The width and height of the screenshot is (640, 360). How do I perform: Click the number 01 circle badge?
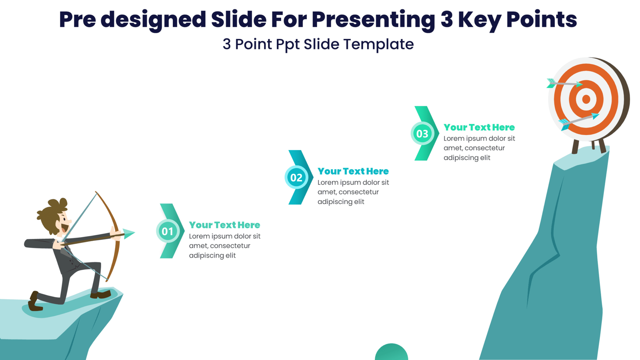click(x=168, y=231)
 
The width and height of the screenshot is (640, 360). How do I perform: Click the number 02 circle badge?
click(x=296, y=177)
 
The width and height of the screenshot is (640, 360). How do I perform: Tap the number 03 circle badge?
click(x=422, y=134)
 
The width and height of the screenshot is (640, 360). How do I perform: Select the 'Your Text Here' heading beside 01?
click(x=224, y=225)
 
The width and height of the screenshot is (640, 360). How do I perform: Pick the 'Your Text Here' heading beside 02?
click(x=353, y=171)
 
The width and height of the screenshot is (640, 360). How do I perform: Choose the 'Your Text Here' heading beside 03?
click(x=479, y=127)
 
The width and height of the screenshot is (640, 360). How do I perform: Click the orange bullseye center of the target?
click(x=586, y=99)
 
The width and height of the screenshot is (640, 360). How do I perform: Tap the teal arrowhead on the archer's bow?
click(x=129, y=233)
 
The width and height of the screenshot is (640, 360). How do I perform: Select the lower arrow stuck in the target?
click(x=580, y=120)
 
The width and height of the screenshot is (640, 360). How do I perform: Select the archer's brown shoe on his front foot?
click(x=100, y=295)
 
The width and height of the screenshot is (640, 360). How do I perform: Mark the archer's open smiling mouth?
click(x=64, y=228)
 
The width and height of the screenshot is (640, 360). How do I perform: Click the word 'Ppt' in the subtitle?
click(x=288, y=44)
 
